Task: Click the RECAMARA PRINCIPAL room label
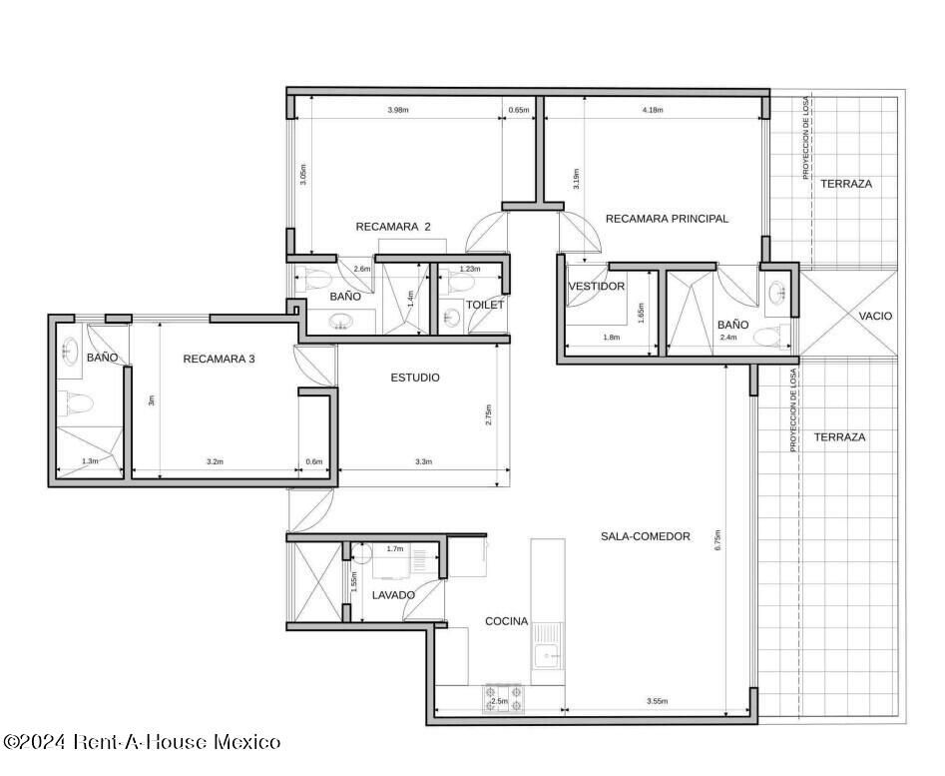(667, 219)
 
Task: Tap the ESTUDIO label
(415, 379)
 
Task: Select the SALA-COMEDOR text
(646, 536)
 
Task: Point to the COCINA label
(506, 621)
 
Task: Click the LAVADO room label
(393, 595)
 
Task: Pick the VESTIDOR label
(597, 287)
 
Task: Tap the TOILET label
(485, 305)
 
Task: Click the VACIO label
(875, 316)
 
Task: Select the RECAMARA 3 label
(219, 359)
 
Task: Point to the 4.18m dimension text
(653, 110)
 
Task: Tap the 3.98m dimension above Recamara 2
(398, 110)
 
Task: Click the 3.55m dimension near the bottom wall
(657, 701)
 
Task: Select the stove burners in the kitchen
(503, 699)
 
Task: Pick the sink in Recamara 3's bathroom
(70, 350)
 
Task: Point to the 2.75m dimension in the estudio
(488, 414)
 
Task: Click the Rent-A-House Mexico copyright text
(141, 741)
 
